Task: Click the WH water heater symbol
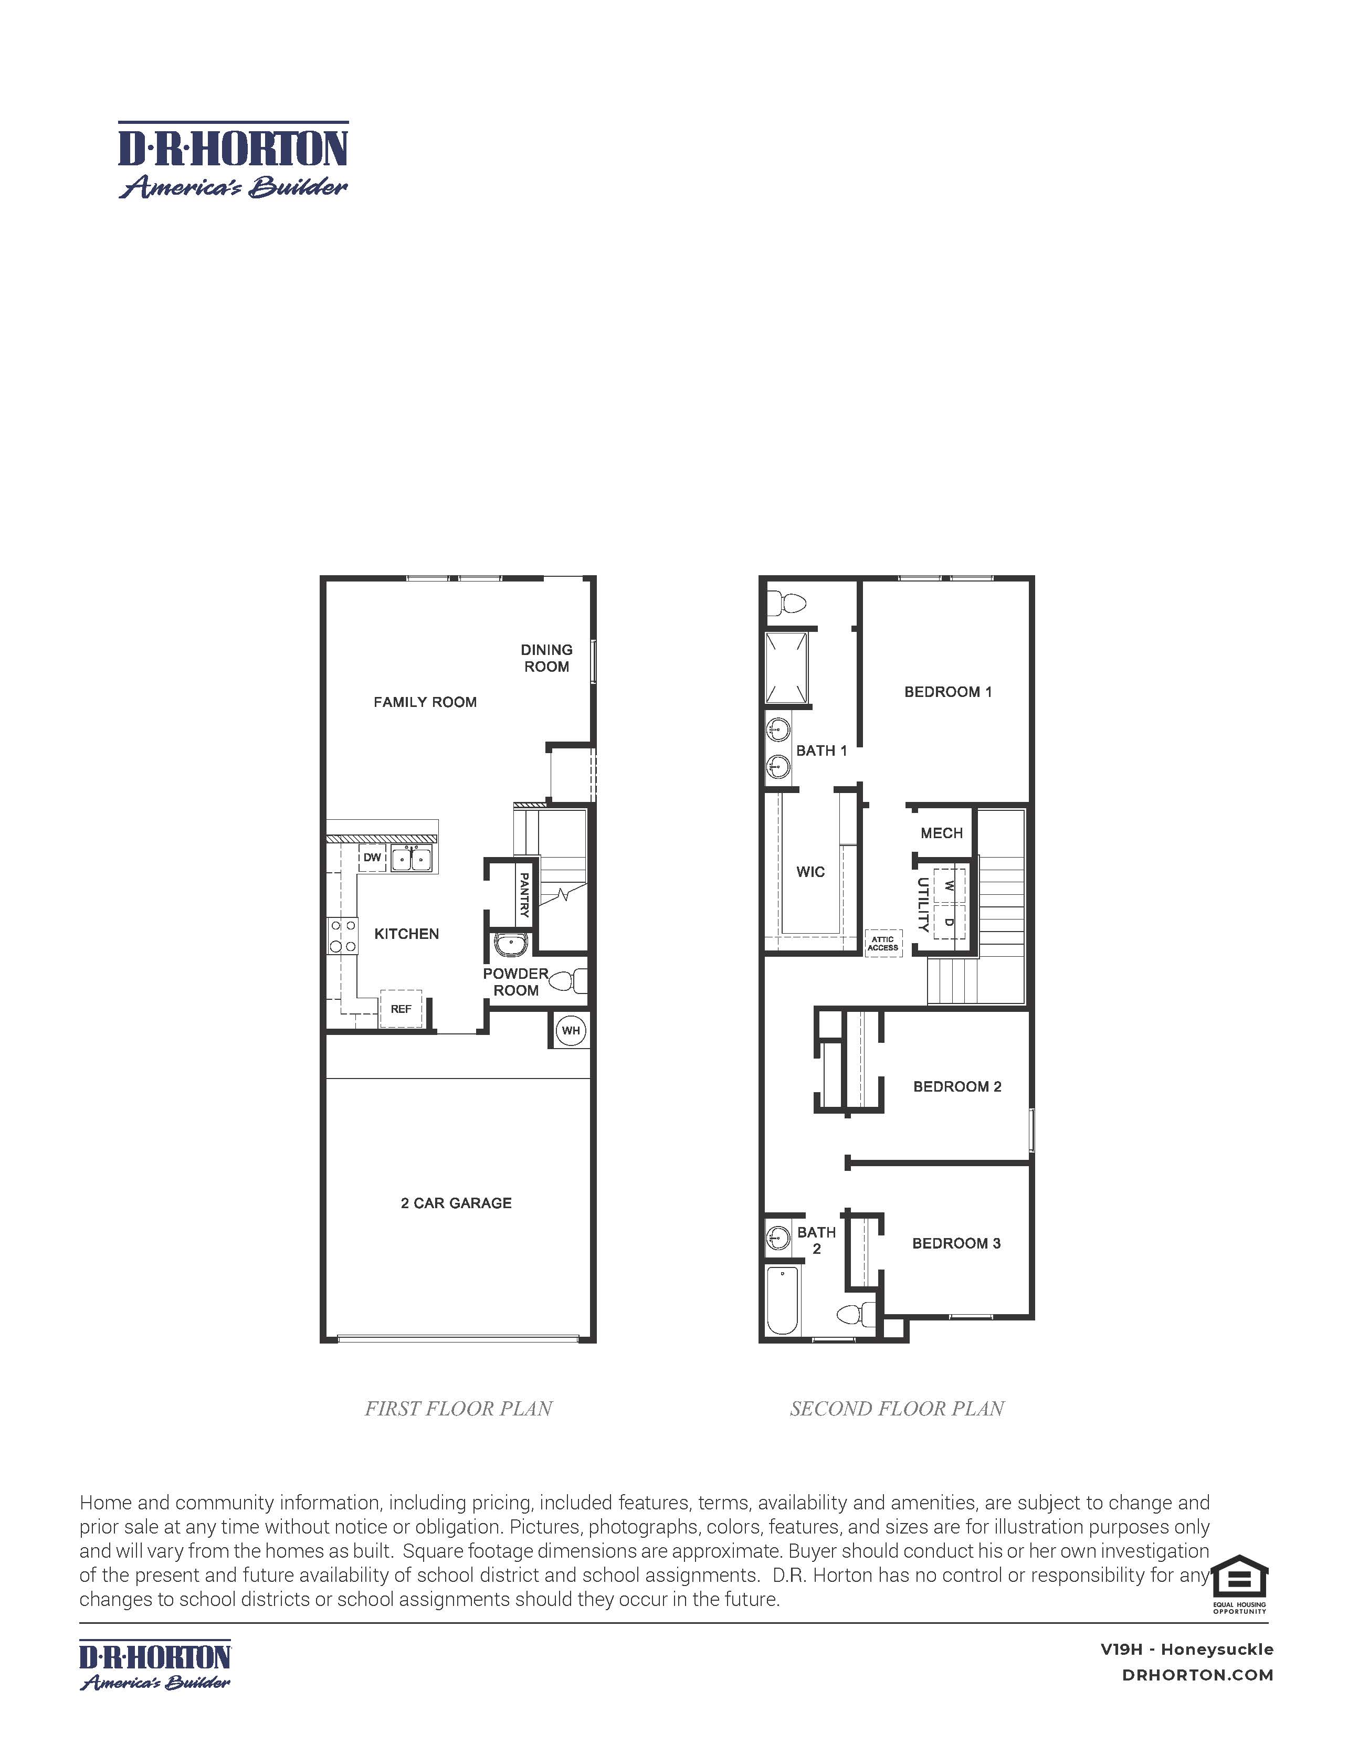click(570, 1030)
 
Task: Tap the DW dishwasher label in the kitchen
click(372, 858)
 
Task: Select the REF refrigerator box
click(401, 1009)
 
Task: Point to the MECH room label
click(942, 833)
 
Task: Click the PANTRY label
click(524, 894)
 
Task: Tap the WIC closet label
click(810, 872)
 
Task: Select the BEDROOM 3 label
click(956, 1243)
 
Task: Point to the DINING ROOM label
click(546, 658)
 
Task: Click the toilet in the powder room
click(570, 980)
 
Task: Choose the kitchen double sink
click(410, 859)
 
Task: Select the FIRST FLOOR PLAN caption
click(458, 1409)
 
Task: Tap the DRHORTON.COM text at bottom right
click(1197, 1675)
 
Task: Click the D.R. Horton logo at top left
click(233, 160)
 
